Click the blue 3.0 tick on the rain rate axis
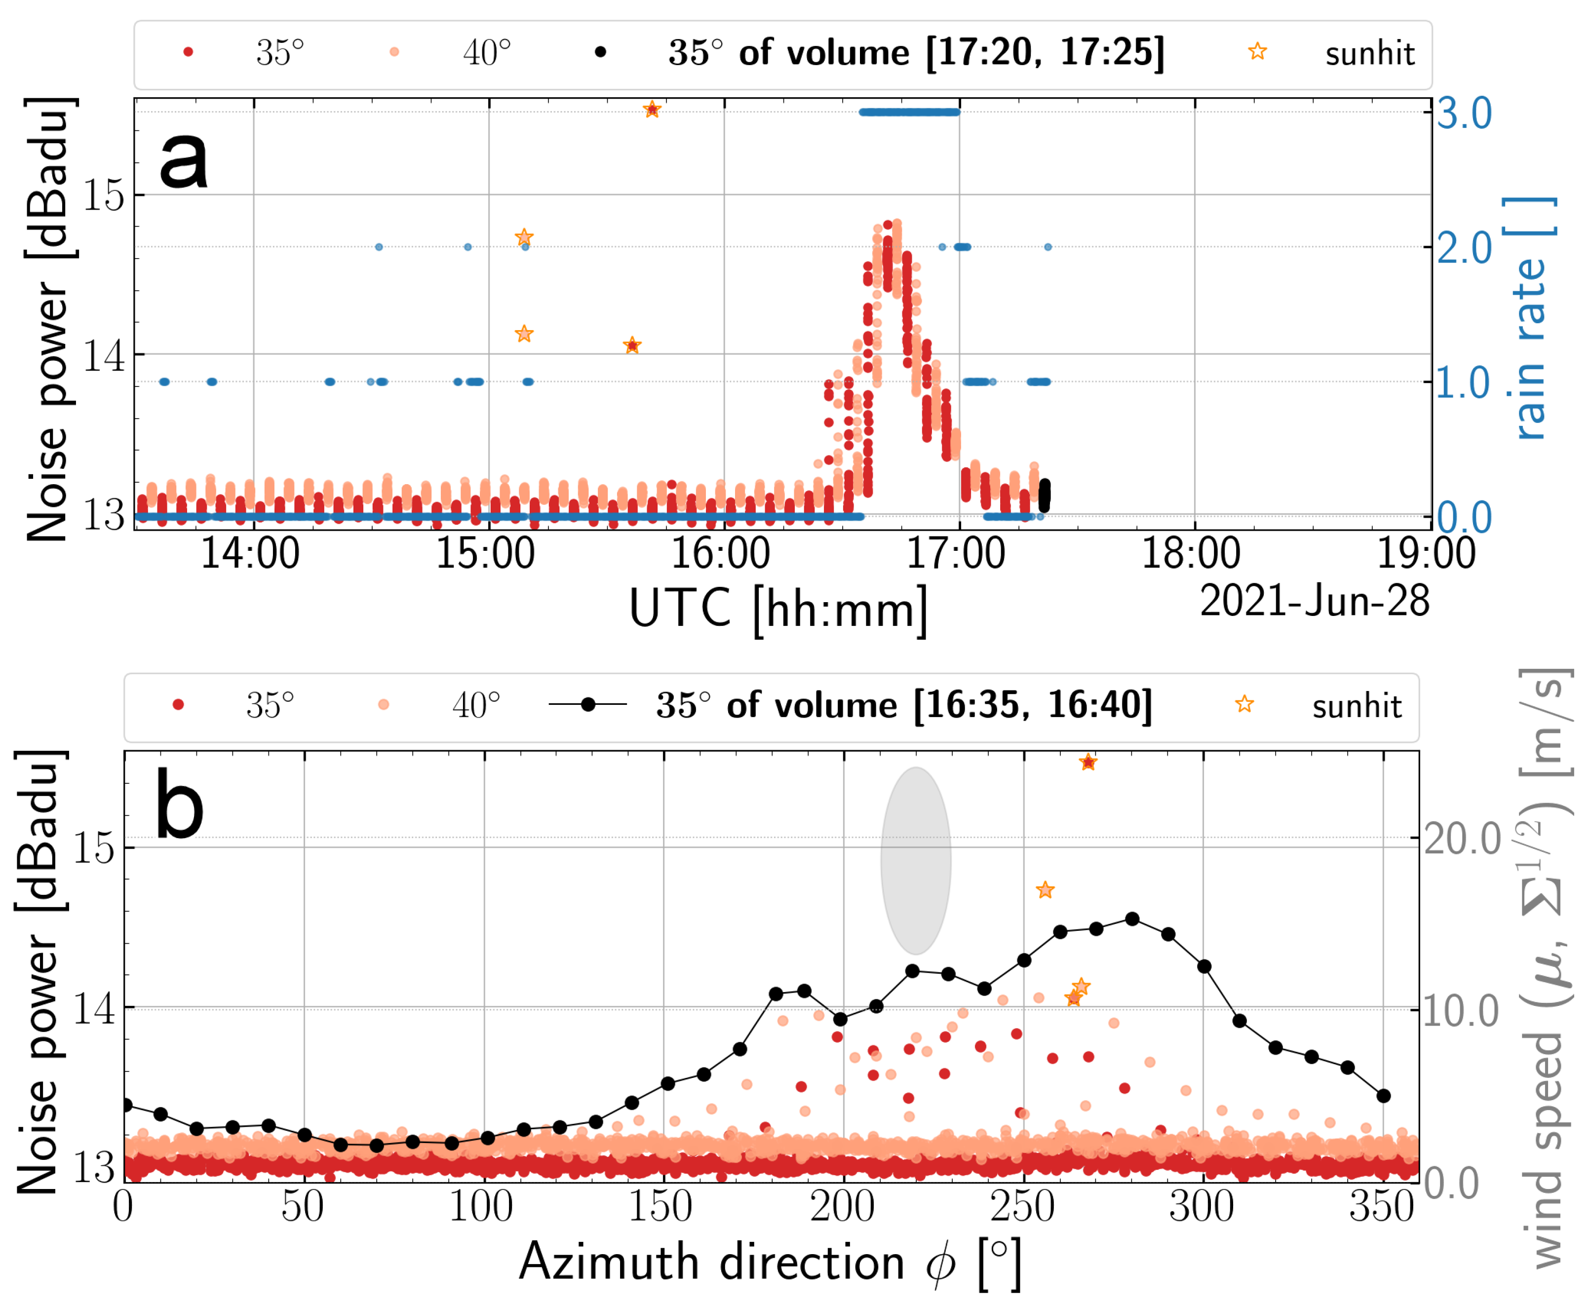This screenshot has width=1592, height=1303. pos(1464,114)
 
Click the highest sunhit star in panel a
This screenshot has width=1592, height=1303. pos(652,110)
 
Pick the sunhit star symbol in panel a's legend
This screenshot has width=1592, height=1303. pos(1258,52)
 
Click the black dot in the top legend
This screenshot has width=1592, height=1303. pos(600,52)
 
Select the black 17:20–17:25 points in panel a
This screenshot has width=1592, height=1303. pos(1044,496)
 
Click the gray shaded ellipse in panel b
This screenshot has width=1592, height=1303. pos(916,860)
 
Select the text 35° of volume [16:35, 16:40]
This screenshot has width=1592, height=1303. pos(904,705)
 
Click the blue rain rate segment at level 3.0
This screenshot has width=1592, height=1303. pos(909,113)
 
